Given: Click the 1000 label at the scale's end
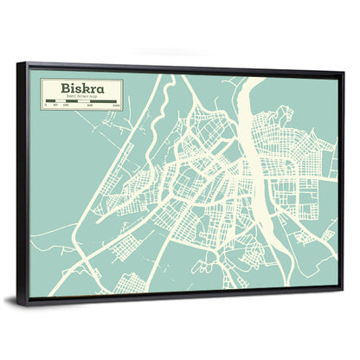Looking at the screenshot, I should pos(117,107).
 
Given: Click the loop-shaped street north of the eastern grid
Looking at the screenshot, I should pos(286,117).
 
